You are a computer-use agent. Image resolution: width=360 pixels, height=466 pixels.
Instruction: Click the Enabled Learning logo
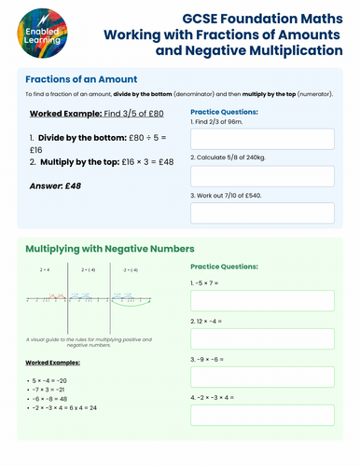pyautogui.click(x=35, y=34)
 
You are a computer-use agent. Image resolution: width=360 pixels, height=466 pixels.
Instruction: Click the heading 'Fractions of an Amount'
pyautogui.click(x=82, y=79)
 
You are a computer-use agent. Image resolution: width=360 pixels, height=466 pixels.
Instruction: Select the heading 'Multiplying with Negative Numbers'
pyautogui.click(x=109, y=250)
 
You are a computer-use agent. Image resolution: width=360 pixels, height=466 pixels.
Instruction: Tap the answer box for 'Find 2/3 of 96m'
pyautogui.click(x=262, y=139)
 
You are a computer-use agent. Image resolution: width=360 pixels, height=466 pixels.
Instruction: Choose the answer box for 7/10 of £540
pyautogui.click(x=262, y=213)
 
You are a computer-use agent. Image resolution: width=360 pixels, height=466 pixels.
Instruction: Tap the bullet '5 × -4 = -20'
pyautogui.click(x=53, y=380)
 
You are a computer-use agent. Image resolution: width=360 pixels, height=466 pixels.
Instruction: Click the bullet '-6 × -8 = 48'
pyautogui.click(x=53, y=399)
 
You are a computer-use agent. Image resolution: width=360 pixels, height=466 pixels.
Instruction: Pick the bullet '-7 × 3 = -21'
pyautogui.click(x=53, y=390)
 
